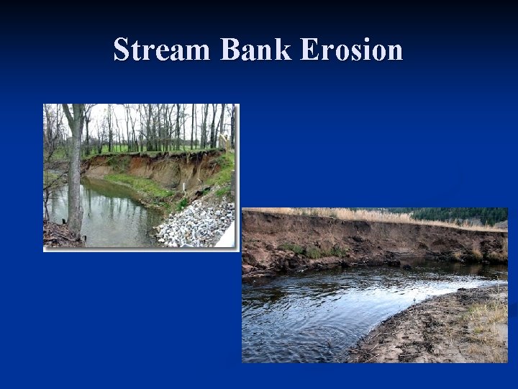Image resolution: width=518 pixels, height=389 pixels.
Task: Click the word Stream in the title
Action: pos(163,50)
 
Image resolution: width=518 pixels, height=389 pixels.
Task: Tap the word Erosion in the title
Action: pos(350,50)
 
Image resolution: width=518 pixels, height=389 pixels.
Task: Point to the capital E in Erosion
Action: pos(308,50)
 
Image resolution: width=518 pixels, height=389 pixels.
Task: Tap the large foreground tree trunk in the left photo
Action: pos(74,180)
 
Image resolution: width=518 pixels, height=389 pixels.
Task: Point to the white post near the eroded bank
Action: pos(184,189)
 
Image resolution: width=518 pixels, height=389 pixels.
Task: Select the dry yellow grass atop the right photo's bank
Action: pos(360,215)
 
